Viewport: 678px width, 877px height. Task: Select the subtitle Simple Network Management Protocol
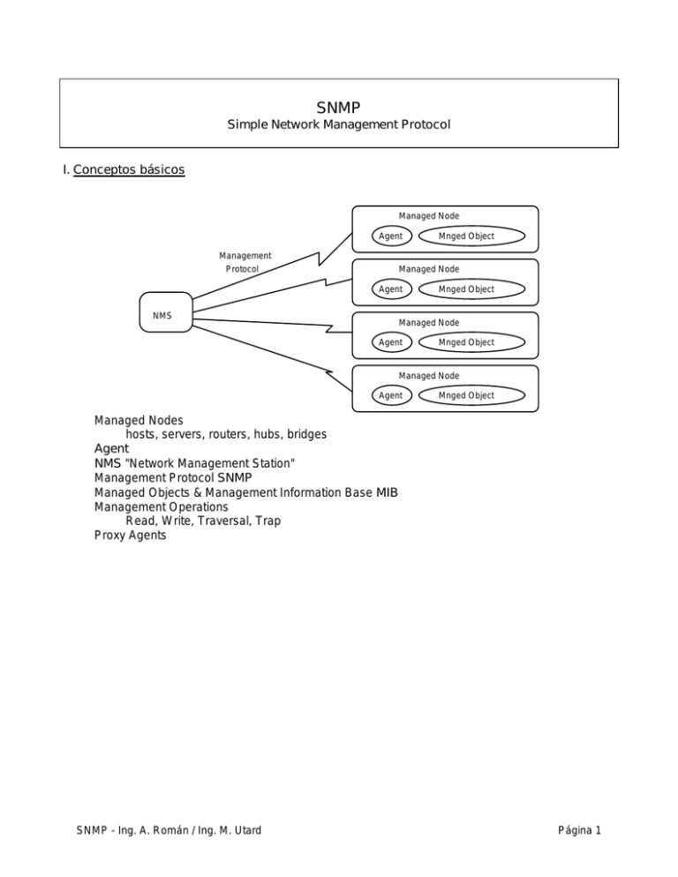click(x=338, y=125)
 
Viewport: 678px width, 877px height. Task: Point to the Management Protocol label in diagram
click(x=245, y=262)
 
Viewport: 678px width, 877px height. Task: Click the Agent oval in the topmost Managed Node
click(x=390, y=236)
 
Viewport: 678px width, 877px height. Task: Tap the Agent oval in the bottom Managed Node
click(x=390, y=395)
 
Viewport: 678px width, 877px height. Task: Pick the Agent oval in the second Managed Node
click(x=390, y=289)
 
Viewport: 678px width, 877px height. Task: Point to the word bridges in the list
click(x=303, y=434)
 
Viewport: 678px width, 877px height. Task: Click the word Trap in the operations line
click(x=266, y=521)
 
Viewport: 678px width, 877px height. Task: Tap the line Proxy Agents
click(x=130, y=536)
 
